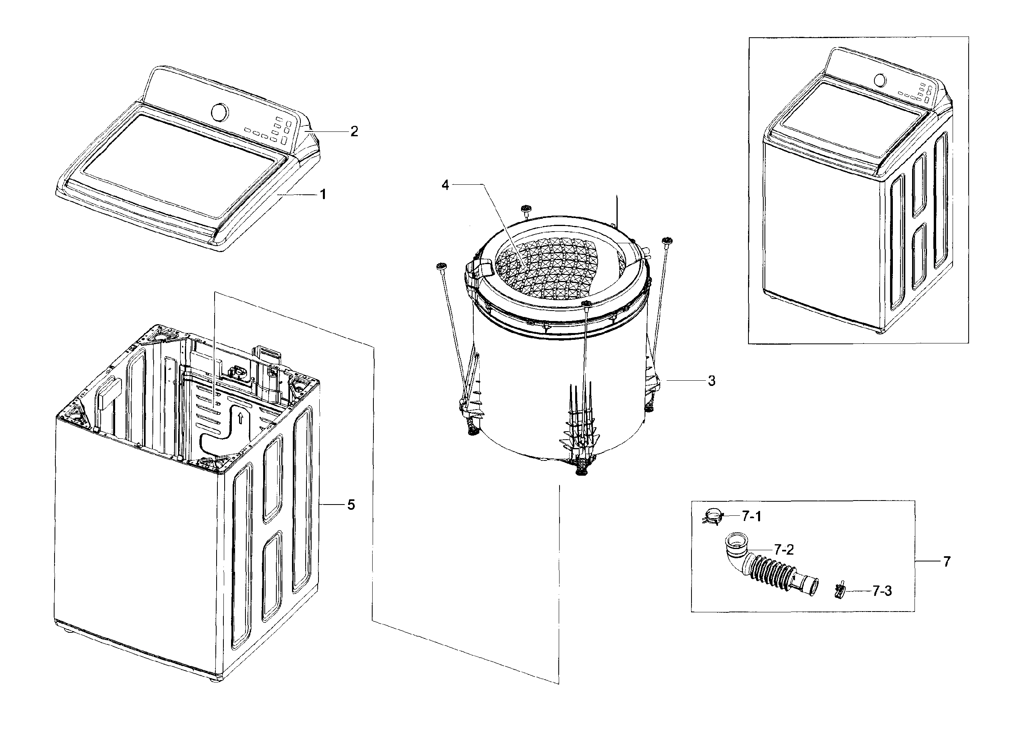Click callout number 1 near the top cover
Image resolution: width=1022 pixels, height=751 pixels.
322,195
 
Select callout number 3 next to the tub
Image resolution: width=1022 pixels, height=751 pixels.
712,381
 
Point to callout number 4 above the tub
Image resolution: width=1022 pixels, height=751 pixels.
445,185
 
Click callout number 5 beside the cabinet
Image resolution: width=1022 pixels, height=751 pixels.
351,505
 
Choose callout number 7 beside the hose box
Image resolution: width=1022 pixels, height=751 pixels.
947,562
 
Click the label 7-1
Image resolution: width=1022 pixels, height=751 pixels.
751,516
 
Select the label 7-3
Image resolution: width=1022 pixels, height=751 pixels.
882,591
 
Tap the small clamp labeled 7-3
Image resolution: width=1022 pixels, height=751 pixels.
839,591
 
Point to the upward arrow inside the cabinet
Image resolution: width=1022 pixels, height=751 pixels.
241,418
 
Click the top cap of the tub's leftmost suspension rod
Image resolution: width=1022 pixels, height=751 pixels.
440,266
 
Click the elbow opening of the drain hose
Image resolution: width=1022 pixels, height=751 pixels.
735,541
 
